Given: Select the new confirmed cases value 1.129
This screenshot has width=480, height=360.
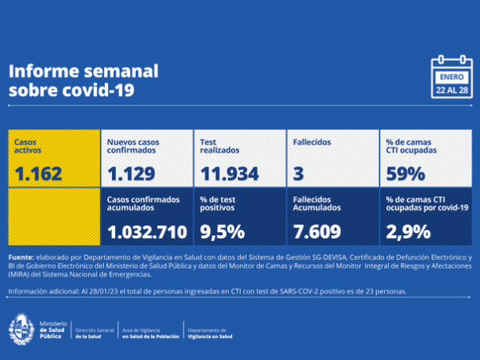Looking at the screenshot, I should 131,173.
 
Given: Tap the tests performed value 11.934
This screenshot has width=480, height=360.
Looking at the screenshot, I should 230,173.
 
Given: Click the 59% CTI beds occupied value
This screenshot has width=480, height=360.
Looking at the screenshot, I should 405,173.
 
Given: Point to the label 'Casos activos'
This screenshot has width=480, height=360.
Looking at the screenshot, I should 30,146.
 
